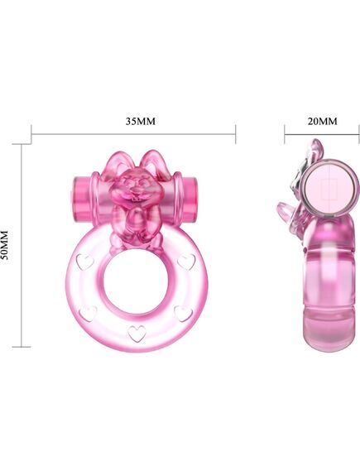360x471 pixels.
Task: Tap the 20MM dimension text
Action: tap(322, 120)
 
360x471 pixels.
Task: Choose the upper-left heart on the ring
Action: tap(83, 260)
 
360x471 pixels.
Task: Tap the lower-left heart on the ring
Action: tap(89, 313)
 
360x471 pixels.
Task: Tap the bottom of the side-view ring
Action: tap(324, 331)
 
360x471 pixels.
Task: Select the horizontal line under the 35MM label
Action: tap(133, 132)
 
